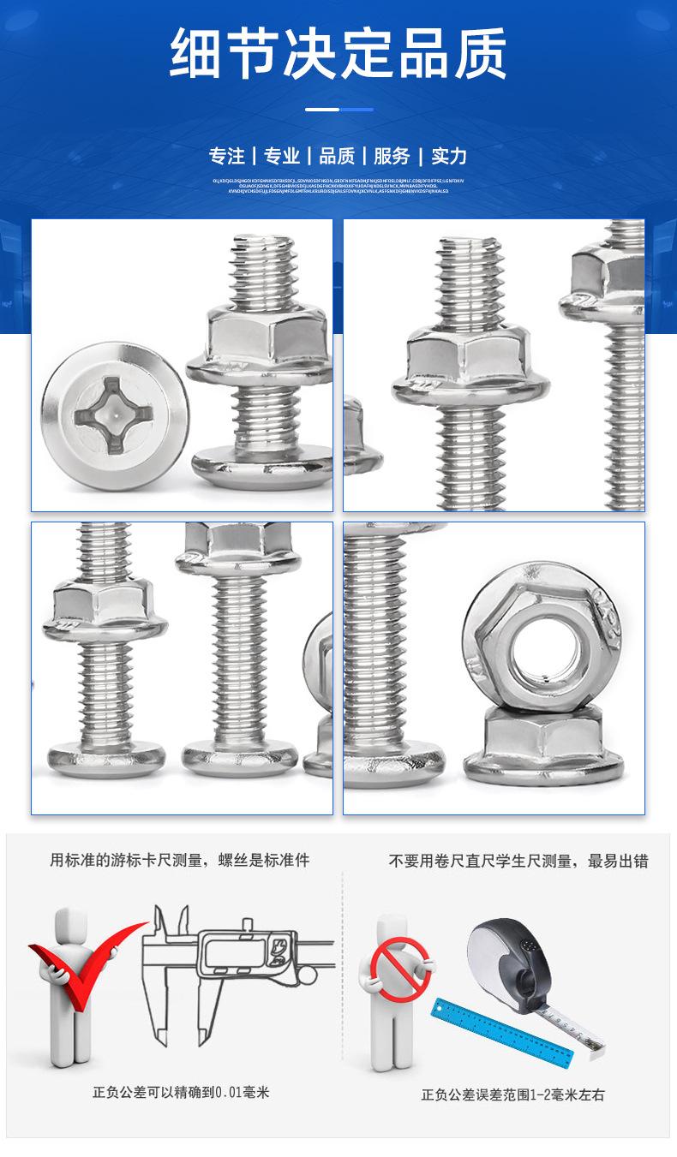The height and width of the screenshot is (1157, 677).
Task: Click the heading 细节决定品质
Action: coord(338,53)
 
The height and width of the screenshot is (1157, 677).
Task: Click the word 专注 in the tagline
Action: coord(227,156)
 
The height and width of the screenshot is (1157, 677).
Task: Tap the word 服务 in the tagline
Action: coord(392,156)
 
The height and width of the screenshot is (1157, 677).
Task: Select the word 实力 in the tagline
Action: coord(449,156)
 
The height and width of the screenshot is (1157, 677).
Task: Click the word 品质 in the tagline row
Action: coord(337,156)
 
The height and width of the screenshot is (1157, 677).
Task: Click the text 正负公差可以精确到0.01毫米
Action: coord(181,1092)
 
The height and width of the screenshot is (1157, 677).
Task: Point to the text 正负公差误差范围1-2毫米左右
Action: coord(512,1094)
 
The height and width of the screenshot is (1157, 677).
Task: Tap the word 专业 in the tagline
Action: coord(282,156)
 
